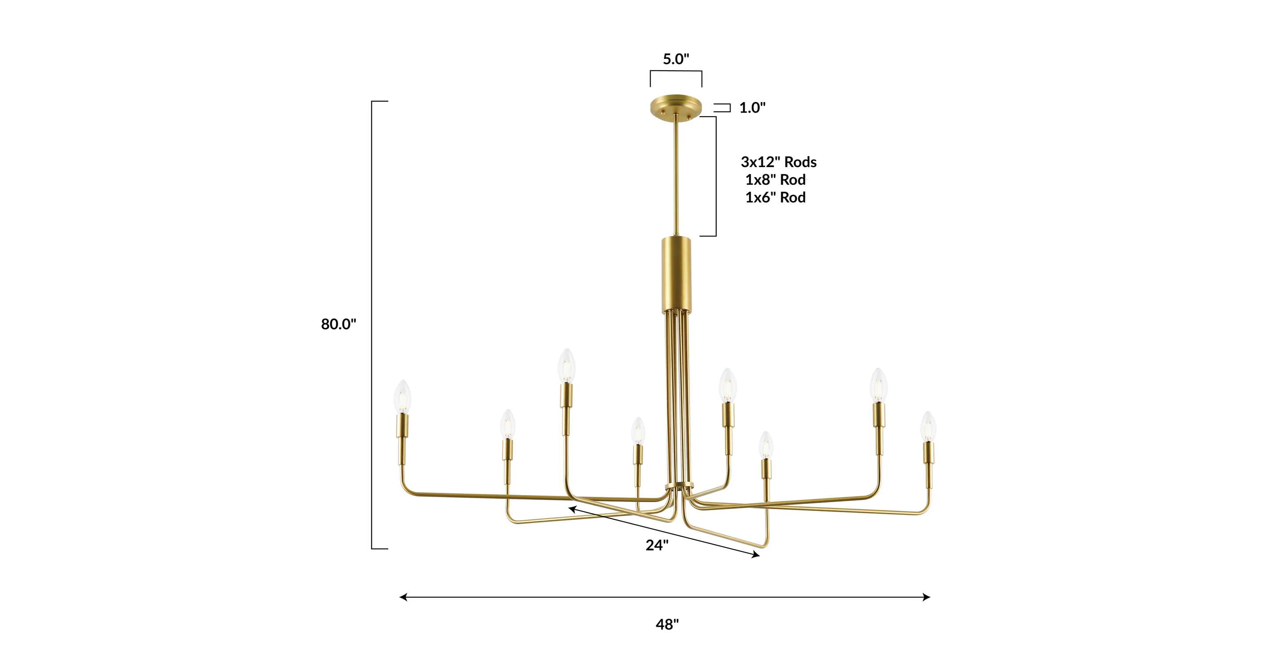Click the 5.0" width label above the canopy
(676, 59)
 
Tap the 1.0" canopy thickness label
(752, 107)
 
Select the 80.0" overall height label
(338, 324)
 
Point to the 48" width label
(667, 624)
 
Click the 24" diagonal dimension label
(657, 545)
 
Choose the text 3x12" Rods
(778, 162)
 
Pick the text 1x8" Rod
(775, 180)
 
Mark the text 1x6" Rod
(775, 198)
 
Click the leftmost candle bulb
(402, 397)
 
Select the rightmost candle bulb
(928, 427)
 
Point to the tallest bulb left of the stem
(566, 366)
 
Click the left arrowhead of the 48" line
(403, 597)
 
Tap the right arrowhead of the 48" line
(927, 597)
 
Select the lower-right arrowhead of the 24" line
(756, 556)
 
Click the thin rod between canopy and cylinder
(676, 174)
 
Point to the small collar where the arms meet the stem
(679, 485)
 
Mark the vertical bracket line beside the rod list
(716, 176)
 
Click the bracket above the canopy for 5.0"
(676, 72)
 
